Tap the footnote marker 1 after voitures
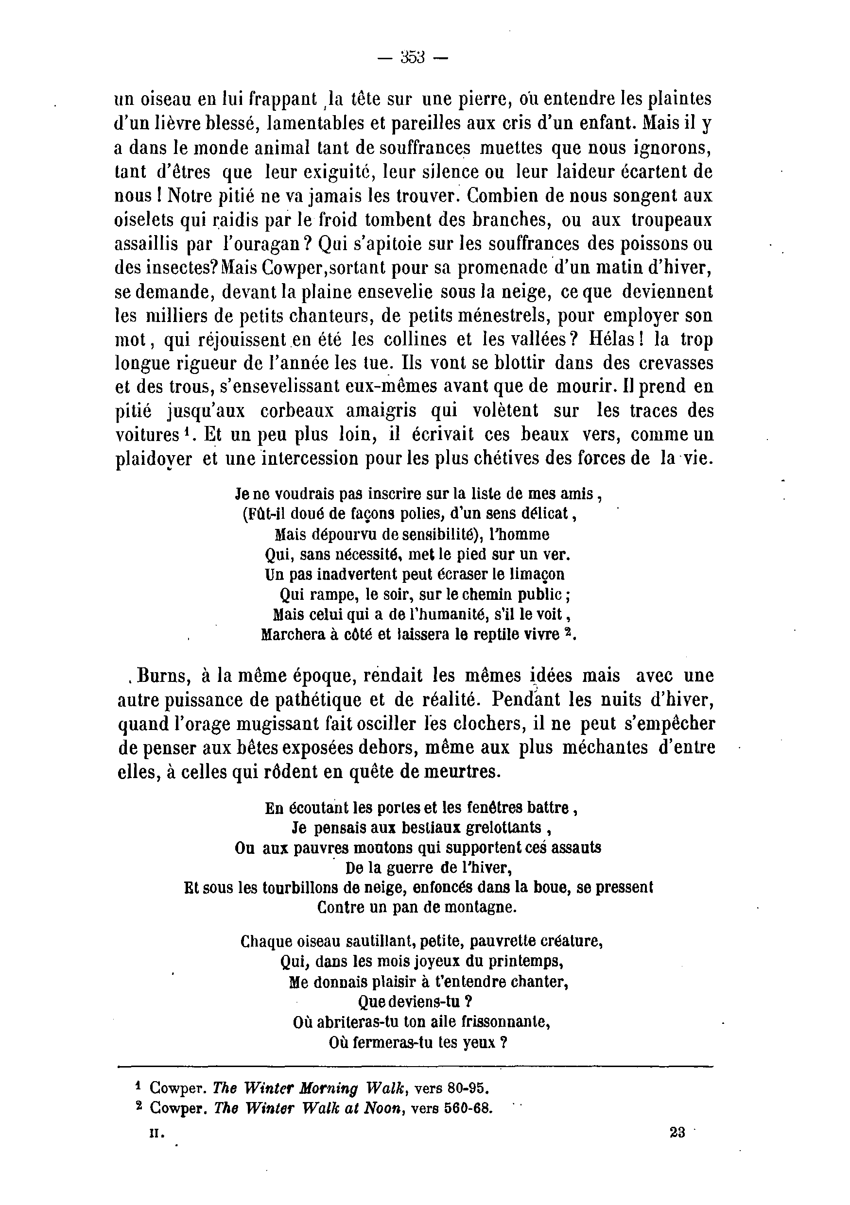187,432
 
